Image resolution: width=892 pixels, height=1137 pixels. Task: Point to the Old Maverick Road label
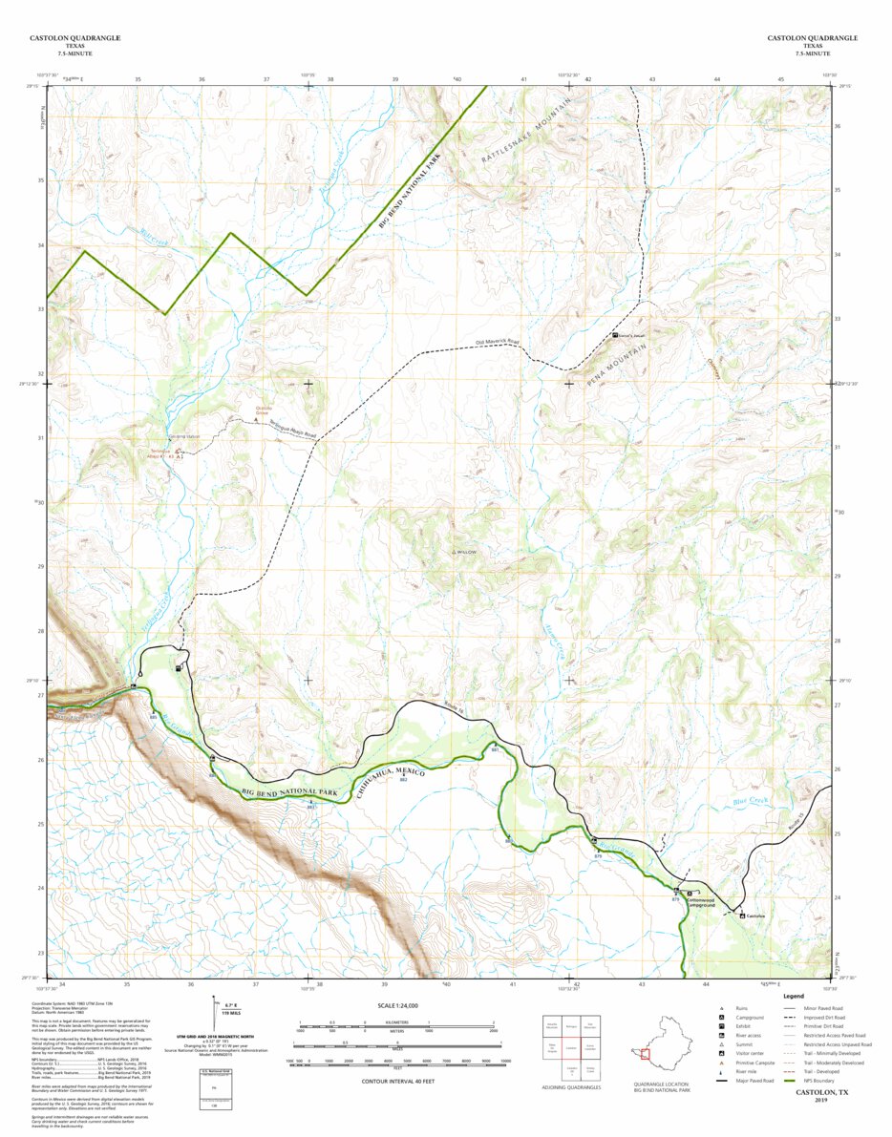pyautogui.click(x=497, y=341)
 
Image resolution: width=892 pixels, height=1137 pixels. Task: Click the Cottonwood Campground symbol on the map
pyautogui.click(x=690, y=895)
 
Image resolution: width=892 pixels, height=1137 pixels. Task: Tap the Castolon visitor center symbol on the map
pyautogui.click(x=742, y=916)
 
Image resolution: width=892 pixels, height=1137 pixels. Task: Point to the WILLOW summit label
pyautogui.click(x=463, y=553)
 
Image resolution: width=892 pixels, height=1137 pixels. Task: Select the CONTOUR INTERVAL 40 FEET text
pyautogui.click(x=398, y=1081)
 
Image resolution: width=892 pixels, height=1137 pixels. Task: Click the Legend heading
pyautogui.click(x=794, y=997)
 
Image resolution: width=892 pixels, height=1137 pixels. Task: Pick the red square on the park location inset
pyautogui.click(x=646, y=1055)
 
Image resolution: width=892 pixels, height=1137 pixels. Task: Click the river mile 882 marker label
pyautogui.click(x=404, y=781)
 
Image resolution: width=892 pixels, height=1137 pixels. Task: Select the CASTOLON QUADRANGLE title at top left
pyautogui.click(x=74, y=38)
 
